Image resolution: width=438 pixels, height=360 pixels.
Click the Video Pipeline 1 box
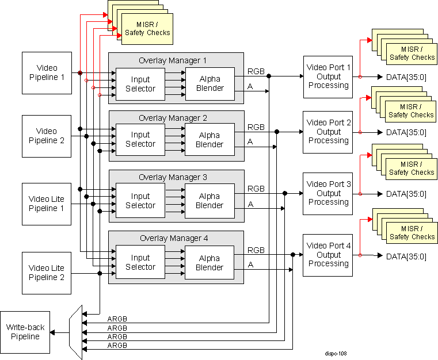[47, 73]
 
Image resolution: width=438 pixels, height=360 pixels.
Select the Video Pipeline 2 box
[47, 136]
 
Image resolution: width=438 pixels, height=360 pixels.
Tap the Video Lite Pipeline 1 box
[47, 204]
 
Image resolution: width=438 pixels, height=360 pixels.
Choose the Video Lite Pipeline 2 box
[47, 272]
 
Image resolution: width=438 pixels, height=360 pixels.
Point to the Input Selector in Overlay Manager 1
[140, 84]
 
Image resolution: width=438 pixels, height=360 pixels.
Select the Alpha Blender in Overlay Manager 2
[210, 140]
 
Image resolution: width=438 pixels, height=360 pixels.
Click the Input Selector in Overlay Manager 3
[140, 201]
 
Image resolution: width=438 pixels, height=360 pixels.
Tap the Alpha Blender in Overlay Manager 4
[210, 263]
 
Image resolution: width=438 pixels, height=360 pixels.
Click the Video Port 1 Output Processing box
[328, 76]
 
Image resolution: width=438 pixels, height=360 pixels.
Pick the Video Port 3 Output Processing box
[328, 193]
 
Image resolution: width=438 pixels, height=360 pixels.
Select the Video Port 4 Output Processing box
[328, 255]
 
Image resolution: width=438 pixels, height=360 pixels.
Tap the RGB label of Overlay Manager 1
[256, 71]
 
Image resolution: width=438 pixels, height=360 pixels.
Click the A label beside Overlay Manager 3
[250, 204]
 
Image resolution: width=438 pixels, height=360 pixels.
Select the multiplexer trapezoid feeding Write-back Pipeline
[75, 332]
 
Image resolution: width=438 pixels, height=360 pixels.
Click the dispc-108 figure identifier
[335, 354]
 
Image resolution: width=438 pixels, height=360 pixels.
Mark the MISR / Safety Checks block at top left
[147, 29]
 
